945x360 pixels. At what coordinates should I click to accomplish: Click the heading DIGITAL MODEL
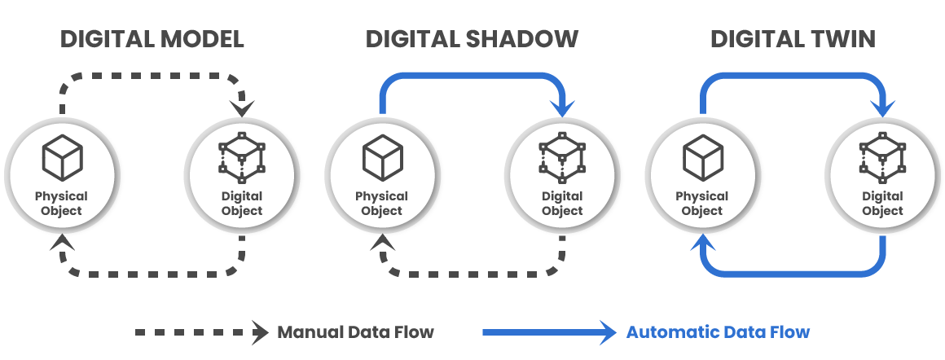[x=152, y=39]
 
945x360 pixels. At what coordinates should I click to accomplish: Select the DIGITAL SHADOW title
[x=472, y=39]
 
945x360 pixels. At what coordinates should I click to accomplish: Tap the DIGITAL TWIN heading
[x=793, y=39]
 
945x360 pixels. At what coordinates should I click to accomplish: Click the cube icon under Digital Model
[x=63, y=156]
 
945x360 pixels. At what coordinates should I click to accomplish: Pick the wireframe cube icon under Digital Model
[x=241, y=155]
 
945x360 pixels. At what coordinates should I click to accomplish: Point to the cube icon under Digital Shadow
[x=383, y=156]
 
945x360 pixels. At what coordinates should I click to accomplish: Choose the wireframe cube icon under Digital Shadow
[x=561, y=155]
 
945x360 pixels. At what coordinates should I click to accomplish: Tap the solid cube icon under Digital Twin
[x=702, y=156]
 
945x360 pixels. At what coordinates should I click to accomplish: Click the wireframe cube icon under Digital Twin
[x=882, y=155]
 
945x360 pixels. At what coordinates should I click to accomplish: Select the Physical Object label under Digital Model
[x=62, y=204]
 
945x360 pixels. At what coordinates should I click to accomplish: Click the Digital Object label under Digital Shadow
[x=562, y=204]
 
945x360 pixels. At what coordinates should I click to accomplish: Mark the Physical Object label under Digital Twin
[x=702, y=204]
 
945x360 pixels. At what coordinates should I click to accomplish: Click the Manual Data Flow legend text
[x=356, y=332]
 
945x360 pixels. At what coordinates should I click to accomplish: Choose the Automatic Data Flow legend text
[x=718, y=332]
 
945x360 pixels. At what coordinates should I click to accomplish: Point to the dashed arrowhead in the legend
[x=260, y=332]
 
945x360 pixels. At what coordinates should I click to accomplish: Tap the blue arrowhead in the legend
[x=608, y=332]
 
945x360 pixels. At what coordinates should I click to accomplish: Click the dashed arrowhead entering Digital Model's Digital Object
[x=242, y=109]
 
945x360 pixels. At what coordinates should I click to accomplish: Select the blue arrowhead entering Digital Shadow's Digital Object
[x=562, y=109]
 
